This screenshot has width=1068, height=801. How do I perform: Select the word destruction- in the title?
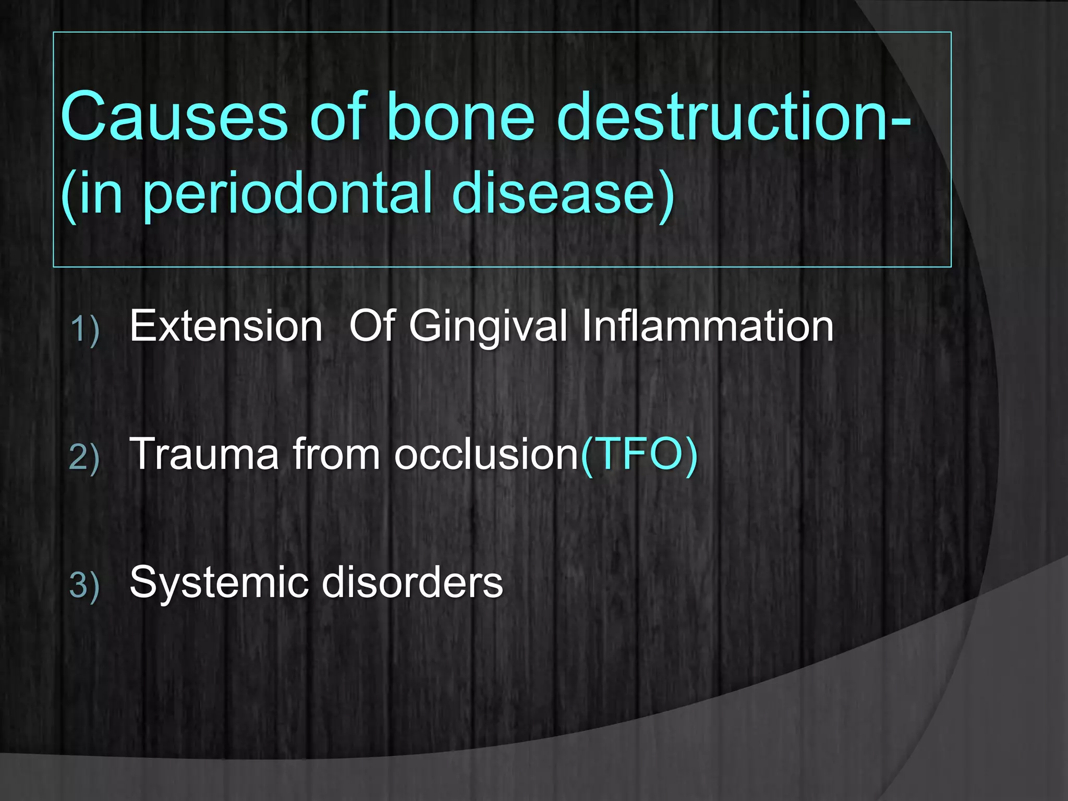733,117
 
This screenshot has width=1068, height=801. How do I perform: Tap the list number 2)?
84,458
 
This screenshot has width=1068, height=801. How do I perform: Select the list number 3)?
84,585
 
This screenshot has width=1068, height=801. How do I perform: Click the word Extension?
226,326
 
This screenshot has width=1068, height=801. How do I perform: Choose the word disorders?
412,582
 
